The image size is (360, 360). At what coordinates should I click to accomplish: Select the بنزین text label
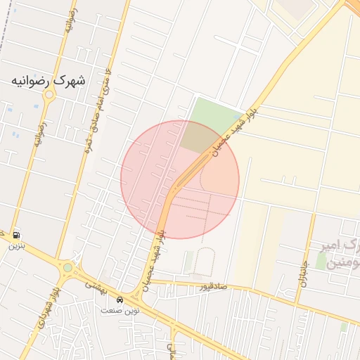click(x=15, y=247)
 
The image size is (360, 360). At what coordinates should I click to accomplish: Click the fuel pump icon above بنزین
click(x=15, y=235)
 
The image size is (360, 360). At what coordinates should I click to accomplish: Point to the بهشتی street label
click(x=94, y=285)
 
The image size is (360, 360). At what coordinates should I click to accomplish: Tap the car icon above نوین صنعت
click(x=120, y=300)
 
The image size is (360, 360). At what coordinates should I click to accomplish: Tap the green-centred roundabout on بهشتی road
click(x=67, y=268)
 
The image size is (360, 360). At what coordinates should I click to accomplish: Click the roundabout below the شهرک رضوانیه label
click(x=49, y=96)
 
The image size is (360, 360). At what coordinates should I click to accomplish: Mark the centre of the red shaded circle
click(x=180, y=179)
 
